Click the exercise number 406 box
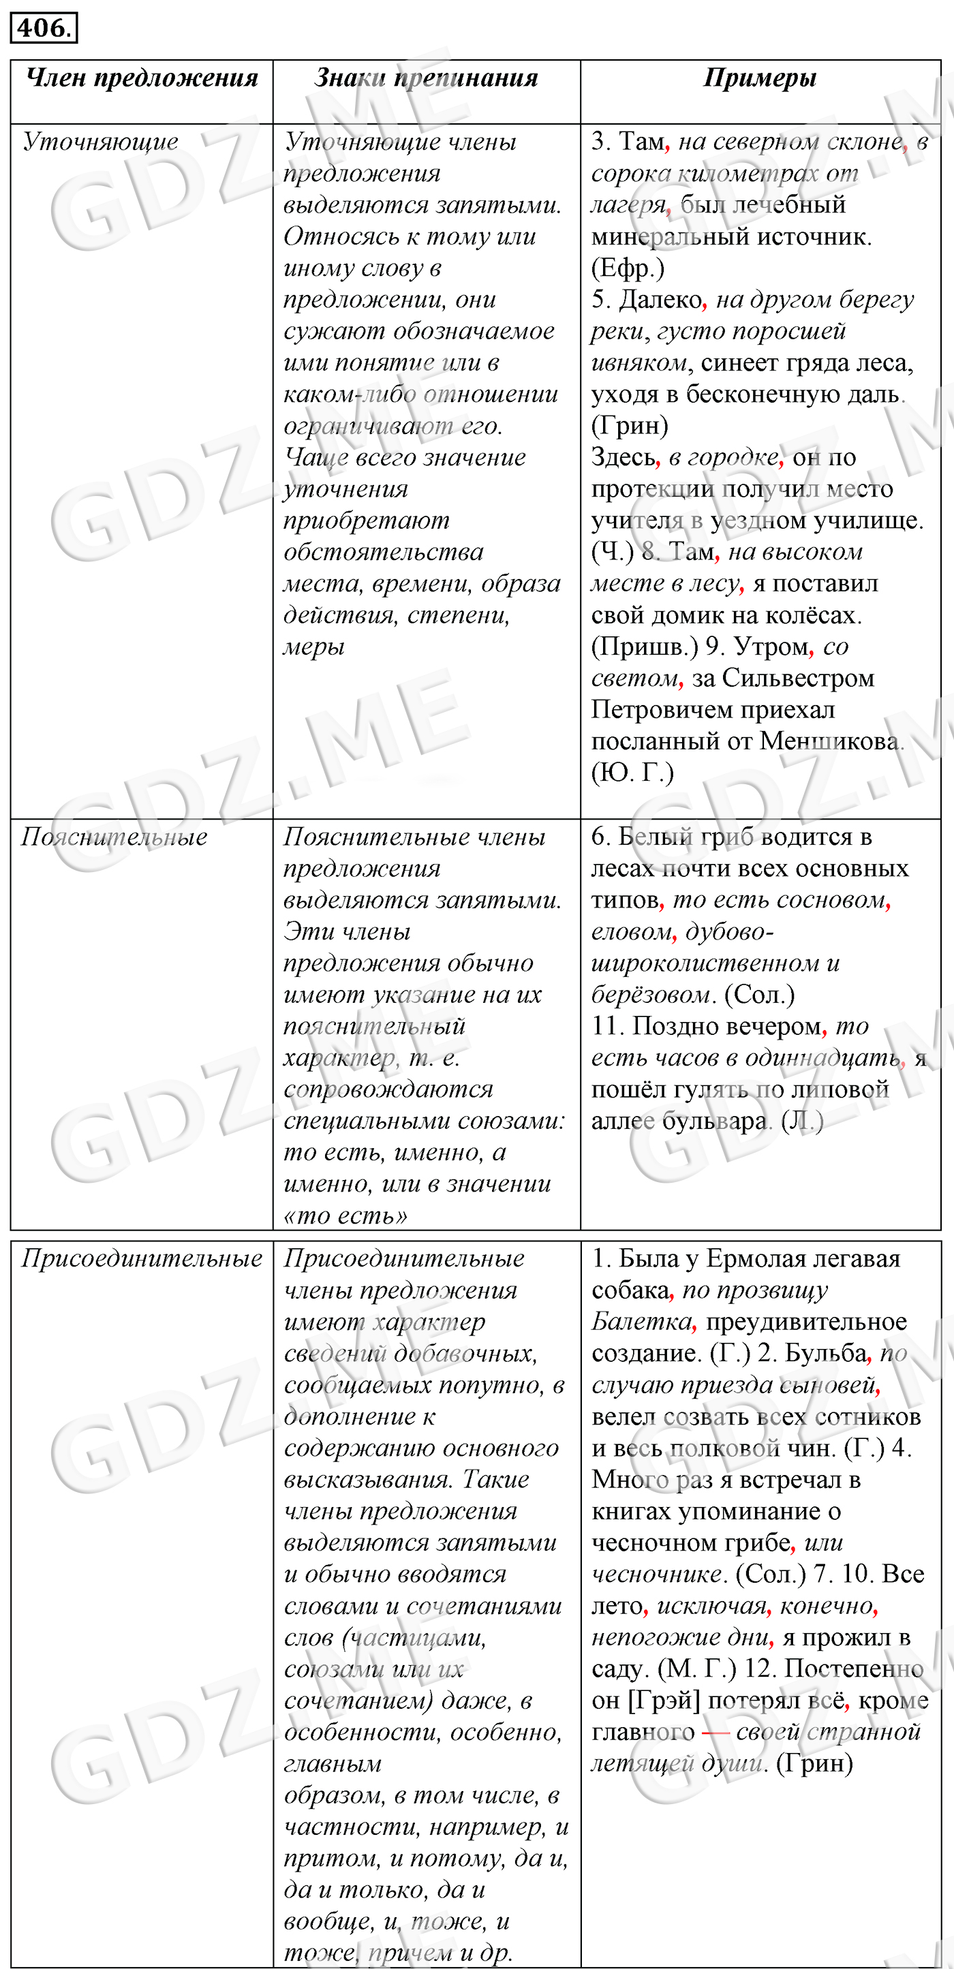point(44,29)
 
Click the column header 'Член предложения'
point(142,78)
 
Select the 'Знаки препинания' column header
point(427,78)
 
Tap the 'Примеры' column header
point(760,78)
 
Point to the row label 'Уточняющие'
point(100,142)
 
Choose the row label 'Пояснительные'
point(114,837)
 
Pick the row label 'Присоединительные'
point(142,1258)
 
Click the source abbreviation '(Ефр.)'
point(628,268)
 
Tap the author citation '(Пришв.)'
point(645,647)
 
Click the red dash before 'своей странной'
point(715,1732)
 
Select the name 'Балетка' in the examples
point(641,1322)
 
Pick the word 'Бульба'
point(827,1353)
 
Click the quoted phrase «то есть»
point(345,1215)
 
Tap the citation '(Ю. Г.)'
point(632,773)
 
